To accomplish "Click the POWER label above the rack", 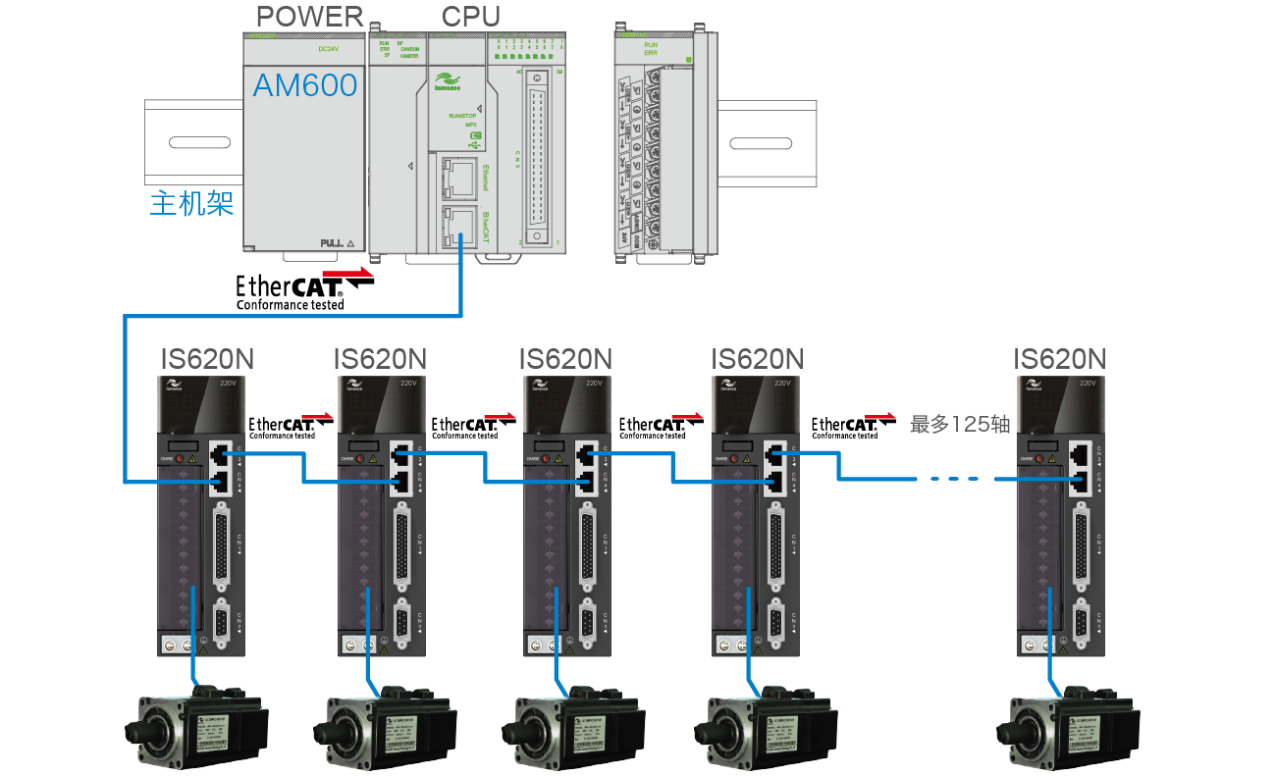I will click(309, 17).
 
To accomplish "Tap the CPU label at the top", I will click(470, 17).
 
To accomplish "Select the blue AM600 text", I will click(305, 85).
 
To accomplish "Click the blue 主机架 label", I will click(191, 204).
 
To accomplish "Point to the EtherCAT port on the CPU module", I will click(456, 227).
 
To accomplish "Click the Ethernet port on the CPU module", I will click(456, 176).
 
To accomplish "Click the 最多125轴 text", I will click(960, 425).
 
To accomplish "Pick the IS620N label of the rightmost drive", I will click(1060, 359).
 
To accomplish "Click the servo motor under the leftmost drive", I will click(196, 726).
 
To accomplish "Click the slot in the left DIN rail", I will click(199, 143).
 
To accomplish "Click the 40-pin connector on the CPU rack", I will click(537, 157).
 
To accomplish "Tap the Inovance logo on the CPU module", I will click(450, 81).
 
